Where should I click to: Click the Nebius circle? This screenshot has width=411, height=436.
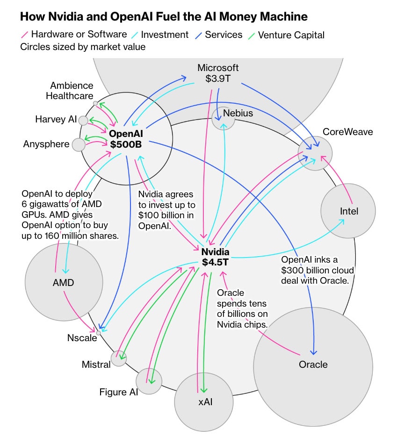[x=223, y=117]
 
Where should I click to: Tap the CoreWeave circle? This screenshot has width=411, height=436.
[x=316, y=153]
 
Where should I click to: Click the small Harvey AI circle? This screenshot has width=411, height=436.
[x=83, y=121]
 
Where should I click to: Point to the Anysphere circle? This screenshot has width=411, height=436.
[x=79, y=144]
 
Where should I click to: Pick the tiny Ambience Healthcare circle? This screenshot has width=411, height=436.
[x=95, y=103]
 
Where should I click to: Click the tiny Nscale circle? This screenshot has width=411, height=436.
[x=98, y=333]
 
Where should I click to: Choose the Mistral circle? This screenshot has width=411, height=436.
[x=117, y=359]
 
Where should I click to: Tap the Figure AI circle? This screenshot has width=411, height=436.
[x=149, y=380]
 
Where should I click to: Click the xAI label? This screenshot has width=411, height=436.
[x=204, y=401]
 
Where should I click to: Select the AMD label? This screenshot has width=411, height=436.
[x=63, y=282]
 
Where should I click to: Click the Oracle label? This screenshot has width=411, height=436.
[x=313, y=364]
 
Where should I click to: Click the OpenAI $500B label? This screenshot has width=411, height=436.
[x=125, y=139]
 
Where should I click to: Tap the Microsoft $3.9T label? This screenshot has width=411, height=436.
[x=218, y=73]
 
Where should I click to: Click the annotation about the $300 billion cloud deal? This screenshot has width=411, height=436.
[x=317, y=270]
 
